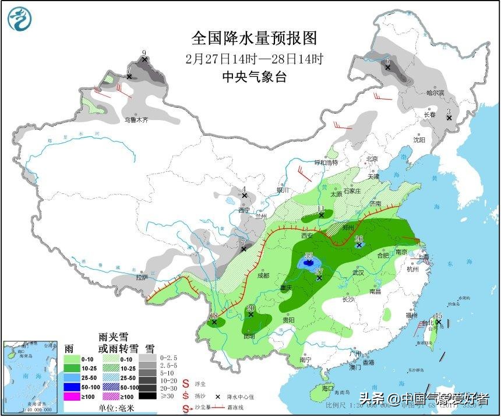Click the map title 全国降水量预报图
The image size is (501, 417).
click(255, 38)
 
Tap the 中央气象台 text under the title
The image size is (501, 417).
click(255, 77)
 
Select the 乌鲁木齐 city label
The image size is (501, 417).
click(136, 120)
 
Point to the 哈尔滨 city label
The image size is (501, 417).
click(435, 93)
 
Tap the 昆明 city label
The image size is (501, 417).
click(249, 337)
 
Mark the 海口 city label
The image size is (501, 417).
click(328, 388)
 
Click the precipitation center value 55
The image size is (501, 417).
click(309, 256)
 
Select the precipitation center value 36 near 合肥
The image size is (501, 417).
click(359, 238)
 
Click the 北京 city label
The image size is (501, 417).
click(372, 159)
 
